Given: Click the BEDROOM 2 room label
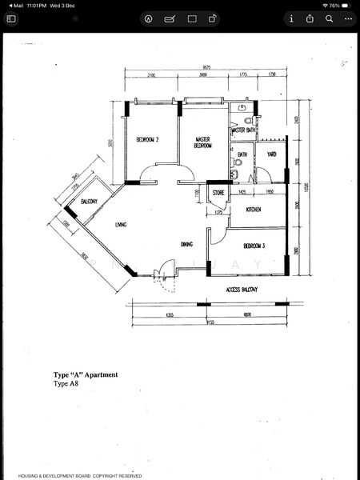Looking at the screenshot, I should point(147,140).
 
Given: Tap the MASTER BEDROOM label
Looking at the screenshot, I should point(203,143).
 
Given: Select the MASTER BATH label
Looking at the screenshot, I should point(243,130).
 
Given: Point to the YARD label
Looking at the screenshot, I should point(271,154).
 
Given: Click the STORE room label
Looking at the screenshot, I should point(218,193).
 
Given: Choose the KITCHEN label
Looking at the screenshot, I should point(254,210).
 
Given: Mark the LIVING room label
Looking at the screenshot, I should point(122,224).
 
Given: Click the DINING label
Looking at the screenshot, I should point(186,245).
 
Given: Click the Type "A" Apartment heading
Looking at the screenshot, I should point(86,374).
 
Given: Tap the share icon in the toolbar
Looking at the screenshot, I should point(212,18).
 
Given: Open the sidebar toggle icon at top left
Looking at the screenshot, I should point(11,18).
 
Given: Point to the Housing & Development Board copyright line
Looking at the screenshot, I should point(80,475).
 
